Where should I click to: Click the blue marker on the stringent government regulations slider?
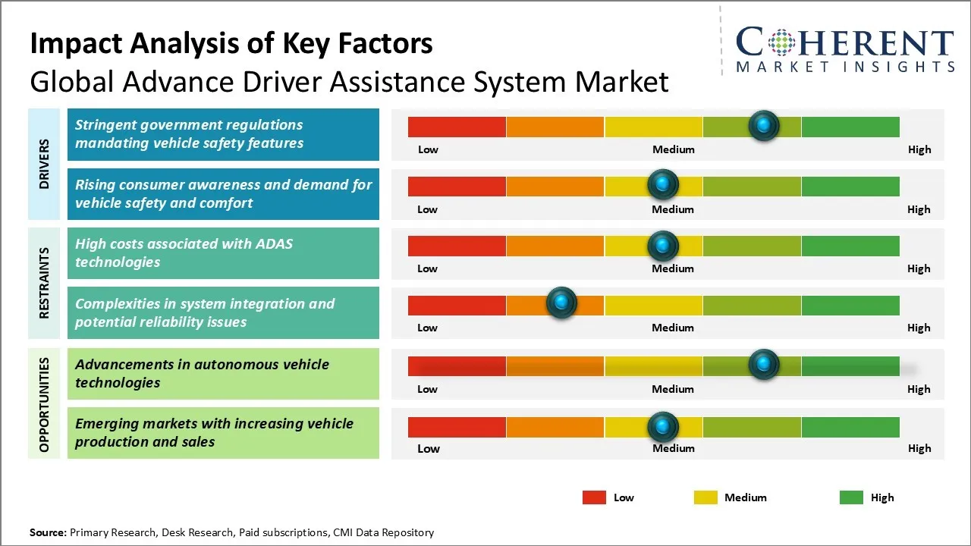(x=763, y=125)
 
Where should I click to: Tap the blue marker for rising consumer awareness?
(x=663, y=184)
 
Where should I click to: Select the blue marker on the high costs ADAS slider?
(x=663, y=245)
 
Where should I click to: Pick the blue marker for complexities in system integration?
(x=561, y=303)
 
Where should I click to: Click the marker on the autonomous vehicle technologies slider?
(x=763, y=365)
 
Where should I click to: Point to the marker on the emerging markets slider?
(x=663, y=427)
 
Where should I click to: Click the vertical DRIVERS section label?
(x=44, y=164)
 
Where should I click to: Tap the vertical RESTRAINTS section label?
(x=44, y=282)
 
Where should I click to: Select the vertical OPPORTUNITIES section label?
(x=44, y=404)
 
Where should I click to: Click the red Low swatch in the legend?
(x=594, y=497)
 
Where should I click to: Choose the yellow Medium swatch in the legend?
(x=705, y=497)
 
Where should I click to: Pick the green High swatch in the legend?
(x=851, y=497)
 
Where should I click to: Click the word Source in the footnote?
(x=48, y=532)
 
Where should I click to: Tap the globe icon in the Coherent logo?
(x=781, y=42)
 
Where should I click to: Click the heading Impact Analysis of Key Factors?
(x=231, y=44)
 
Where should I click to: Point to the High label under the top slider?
(x=919, y=149)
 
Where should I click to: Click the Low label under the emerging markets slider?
(x=428, y=448)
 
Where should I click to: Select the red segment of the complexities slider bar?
(x=457, y=305)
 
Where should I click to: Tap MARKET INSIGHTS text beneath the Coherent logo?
(x=845, y=67)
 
